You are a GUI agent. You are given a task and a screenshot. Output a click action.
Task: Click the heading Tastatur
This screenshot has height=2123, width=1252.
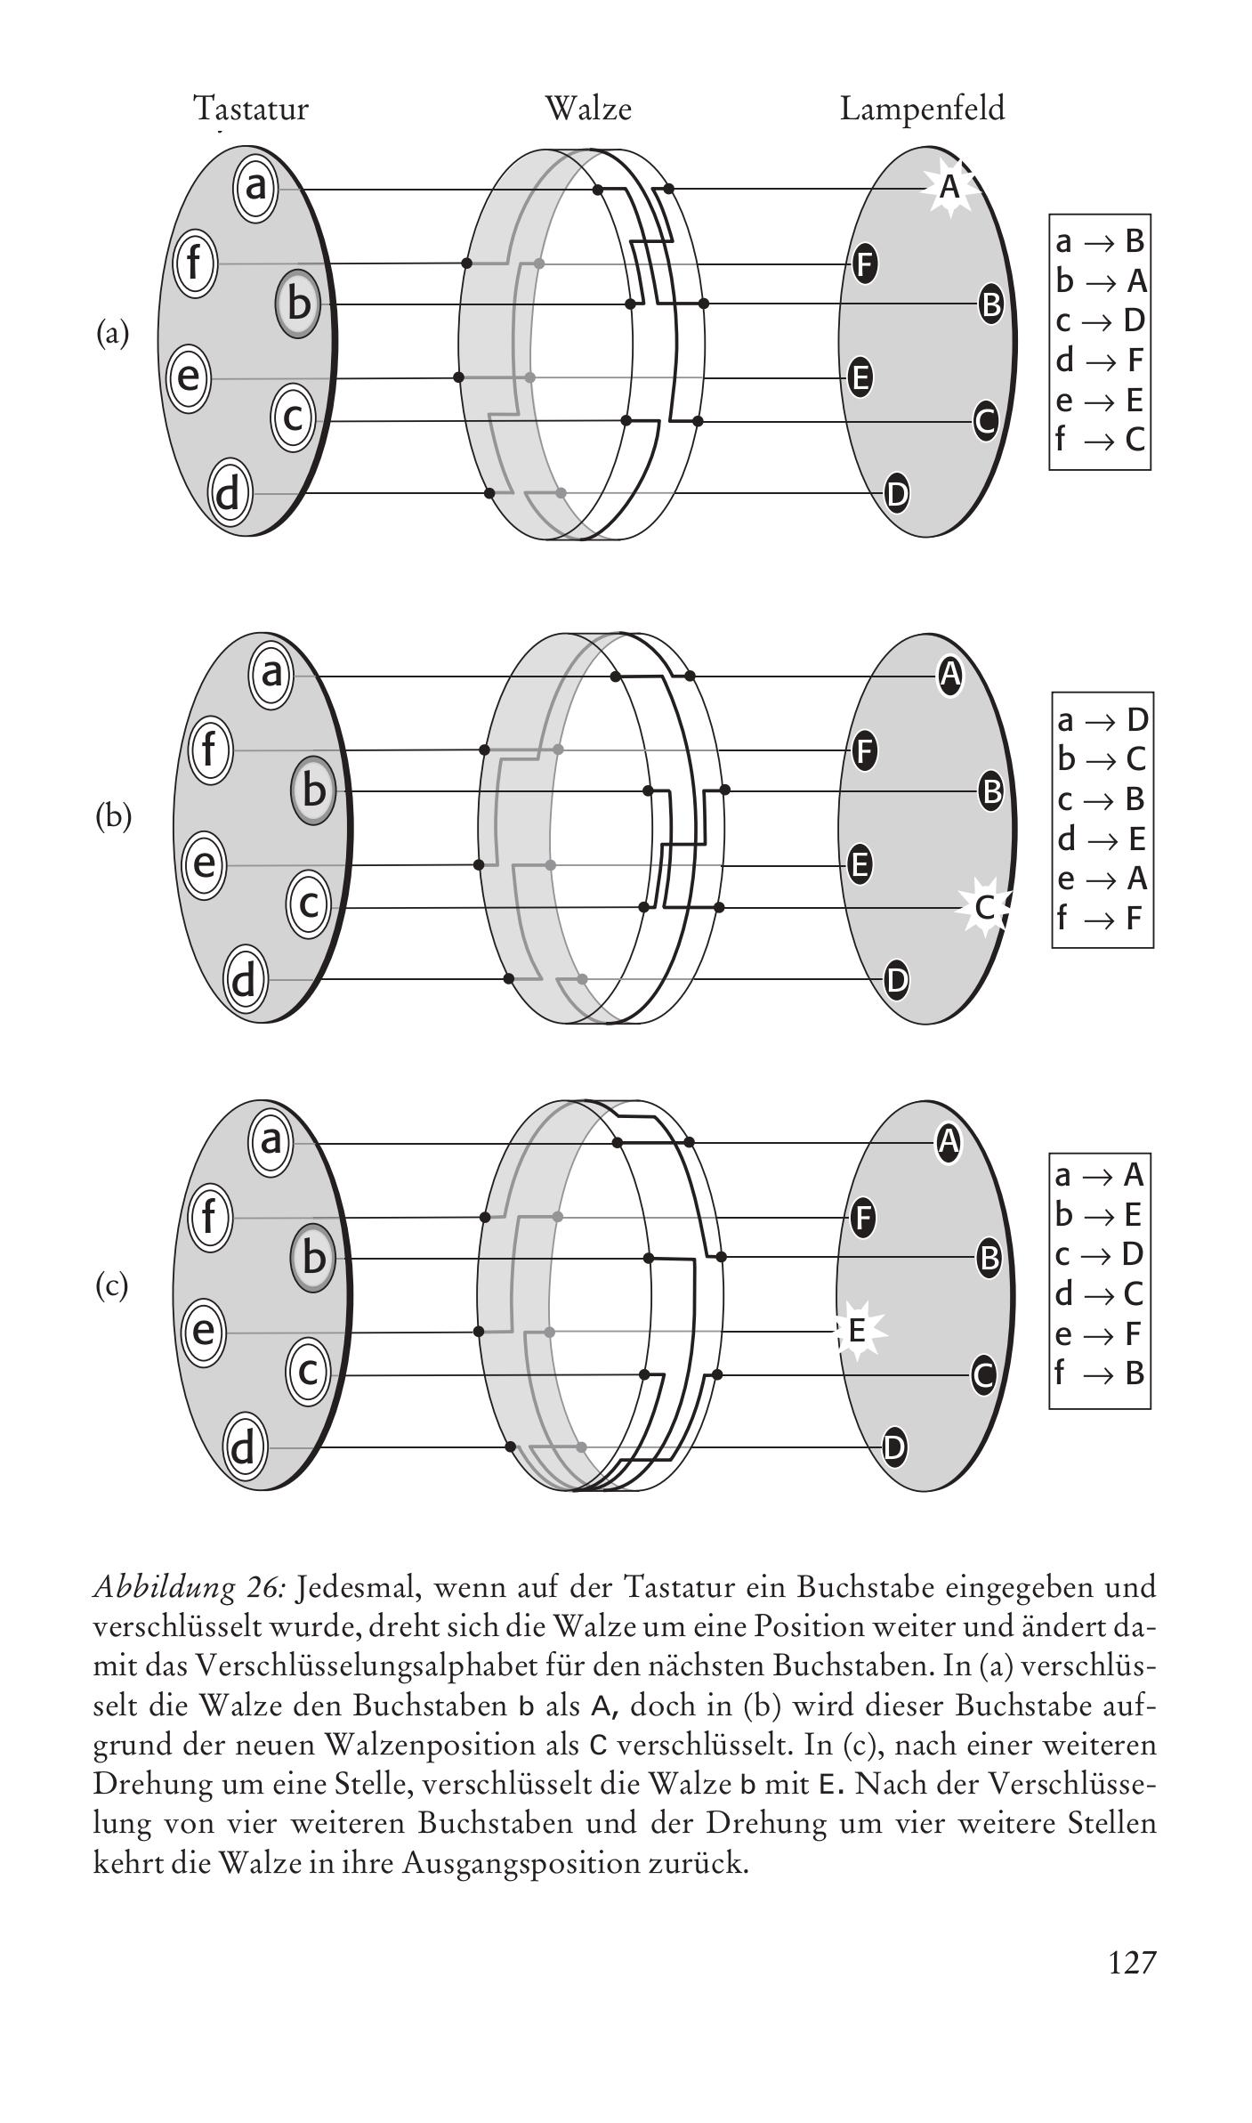coord(251,109)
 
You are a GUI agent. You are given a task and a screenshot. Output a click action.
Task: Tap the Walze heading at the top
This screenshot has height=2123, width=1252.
coord(588,109)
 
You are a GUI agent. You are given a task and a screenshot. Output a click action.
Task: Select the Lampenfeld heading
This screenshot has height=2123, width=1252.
coord(922,109)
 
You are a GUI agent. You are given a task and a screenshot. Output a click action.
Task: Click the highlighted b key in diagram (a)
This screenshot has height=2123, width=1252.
coord(298,304)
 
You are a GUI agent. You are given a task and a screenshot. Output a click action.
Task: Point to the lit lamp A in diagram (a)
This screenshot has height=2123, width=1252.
coord(950,188)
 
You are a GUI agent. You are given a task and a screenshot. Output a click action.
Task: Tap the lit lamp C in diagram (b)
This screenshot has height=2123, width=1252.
coord(984,907)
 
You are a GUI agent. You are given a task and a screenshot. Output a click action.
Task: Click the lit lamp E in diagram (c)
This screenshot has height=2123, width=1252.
coord(857,1331)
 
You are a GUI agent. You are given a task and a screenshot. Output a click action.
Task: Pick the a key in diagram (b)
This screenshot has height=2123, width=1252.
coord(271,673)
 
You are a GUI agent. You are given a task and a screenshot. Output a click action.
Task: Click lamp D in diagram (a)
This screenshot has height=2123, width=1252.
coord(897,493)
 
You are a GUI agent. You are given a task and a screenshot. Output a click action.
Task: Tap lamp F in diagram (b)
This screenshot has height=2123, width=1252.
coord(864,750)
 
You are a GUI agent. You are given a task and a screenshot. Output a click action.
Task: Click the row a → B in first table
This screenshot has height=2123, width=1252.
coord(1100,241)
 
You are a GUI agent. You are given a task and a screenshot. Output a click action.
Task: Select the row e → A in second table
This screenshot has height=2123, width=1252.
coord(1102,879)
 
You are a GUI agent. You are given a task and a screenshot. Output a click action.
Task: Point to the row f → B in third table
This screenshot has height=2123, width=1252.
coord(1100,1373)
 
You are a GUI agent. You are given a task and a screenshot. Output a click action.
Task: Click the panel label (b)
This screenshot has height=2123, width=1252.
coord(113,816)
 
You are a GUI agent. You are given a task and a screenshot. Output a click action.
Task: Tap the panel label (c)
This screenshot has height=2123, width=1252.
coord(112,1285)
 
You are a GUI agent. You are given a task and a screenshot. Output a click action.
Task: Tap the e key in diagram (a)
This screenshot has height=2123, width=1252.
coord(189,377)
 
